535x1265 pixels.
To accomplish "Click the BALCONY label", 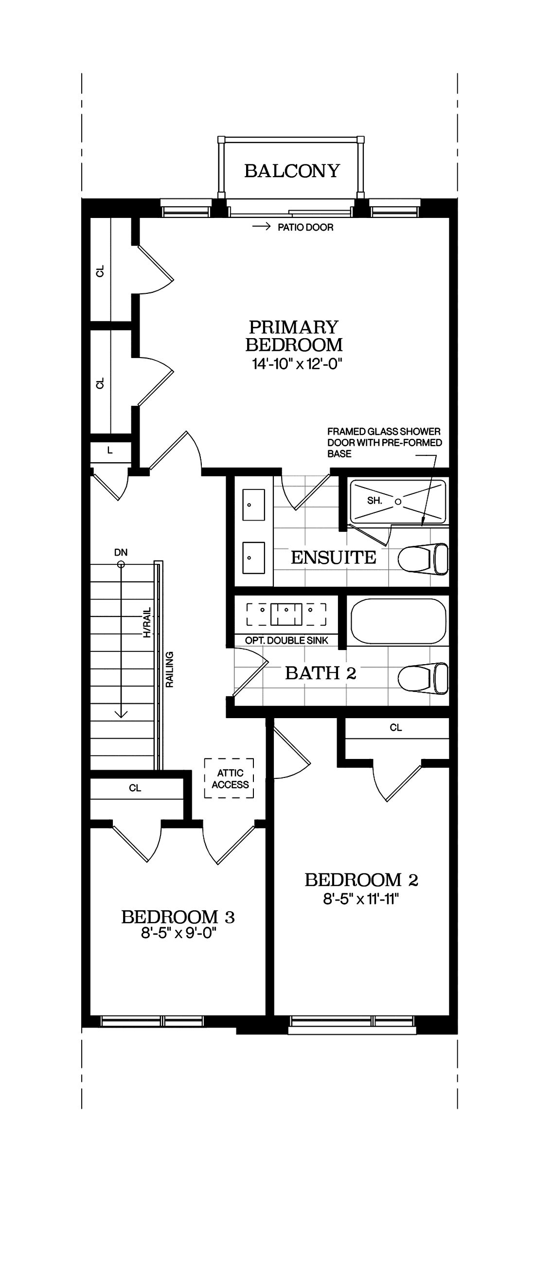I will pyautogui.click(x=292, y=171).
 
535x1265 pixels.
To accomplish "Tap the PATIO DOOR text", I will pyautogui.click(x=305, y=227).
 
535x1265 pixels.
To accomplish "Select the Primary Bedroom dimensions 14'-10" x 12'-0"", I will pyautogui.click(x=297, y=364).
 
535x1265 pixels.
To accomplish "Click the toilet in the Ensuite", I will pyautogui.click(x=423, y=559).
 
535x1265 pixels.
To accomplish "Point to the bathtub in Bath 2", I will pyautogui.click(x=398, y=621).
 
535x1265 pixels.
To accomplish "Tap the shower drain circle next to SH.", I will pyautogui.click(x=398, y=502).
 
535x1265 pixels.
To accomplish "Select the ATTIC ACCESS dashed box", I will pyautogui.click(x=229, y=778).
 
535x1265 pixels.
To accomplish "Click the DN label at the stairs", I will pyautogui.click(x=121, y=552).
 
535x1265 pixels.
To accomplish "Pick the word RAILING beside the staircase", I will pyautogui.click(x=169, y=669).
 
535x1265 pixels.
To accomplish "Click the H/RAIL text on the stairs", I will pyautogui.click(x=147, y=623).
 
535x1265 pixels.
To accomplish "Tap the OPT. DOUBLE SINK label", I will pyautogui.click(x=286, y=640).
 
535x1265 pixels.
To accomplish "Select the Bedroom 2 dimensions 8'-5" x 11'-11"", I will pyautogui.click(x=361, y=899).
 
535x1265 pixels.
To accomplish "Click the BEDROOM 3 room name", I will pyautogui.click(x=178, y=917).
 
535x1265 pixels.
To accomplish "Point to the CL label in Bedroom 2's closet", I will pyautogui.click(x=395, y=728).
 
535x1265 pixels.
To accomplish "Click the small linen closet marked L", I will pyautogui.click(x=110, y=451).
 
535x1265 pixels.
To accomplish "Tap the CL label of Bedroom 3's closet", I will pyautogui.click(x=135, y=788).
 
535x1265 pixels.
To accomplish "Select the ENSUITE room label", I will pyautogui.click(x=333, y=558).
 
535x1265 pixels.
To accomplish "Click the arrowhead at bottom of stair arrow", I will pyautogui.click(x=121, y=715).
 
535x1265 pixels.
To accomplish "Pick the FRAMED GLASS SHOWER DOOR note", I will pyautogui.click(x=384, y=442).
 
